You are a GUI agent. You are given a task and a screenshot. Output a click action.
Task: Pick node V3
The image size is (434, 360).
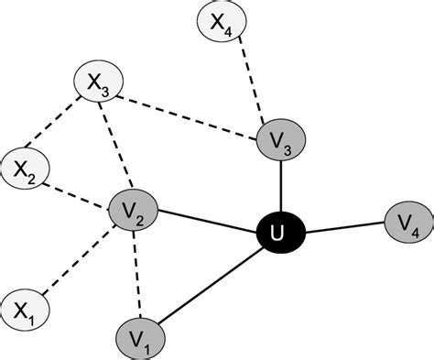click(x=280, y=140)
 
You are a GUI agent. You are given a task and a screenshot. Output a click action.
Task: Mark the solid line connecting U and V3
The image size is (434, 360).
click(x=280, y=189)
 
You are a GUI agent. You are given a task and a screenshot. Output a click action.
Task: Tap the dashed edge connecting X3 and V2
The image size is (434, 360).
click(x=116, y=147)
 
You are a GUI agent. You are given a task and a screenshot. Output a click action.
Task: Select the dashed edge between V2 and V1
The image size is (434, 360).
click(x=136, y=275)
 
